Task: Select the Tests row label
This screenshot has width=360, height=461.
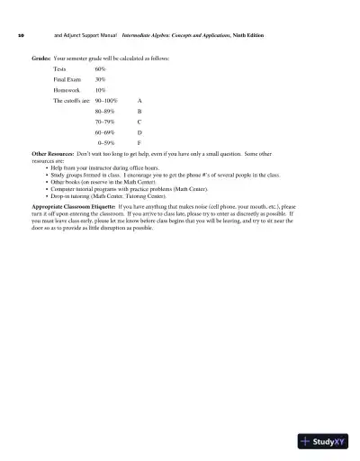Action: pyautogui.click(x=59, y=68)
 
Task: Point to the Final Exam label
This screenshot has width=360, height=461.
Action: pyautogui.click(x=67, y=79)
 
